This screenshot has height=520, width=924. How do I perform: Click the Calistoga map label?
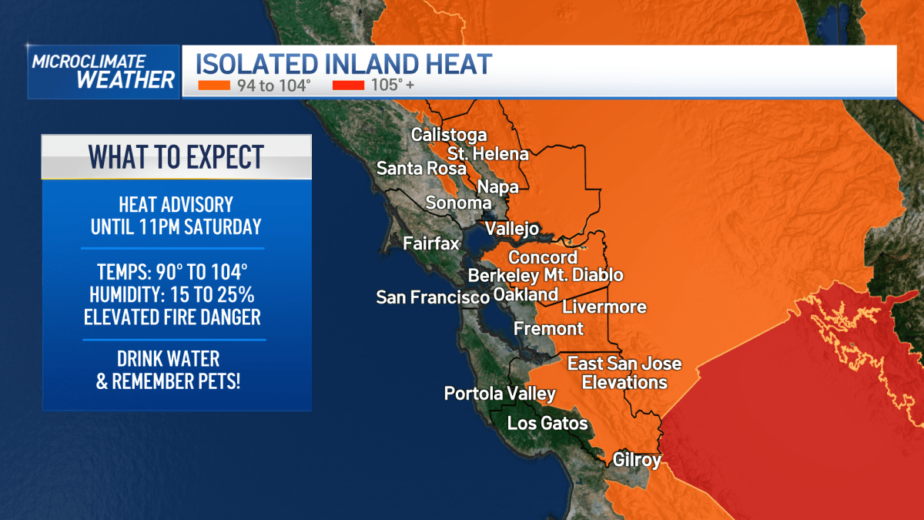pyautogui.click(x=449, y=135)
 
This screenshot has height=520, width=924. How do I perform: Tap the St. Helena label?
pyautogui.click(x=488, y=153)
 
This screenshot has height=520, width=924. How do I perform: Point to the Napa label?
pyautogui.click(x=497, y=186)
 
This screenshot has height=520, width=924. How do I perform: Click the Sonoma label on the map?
pyautogui.click(x=459, y=203)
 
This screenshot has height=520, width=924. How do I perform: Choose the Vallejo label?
pyautogui.click(x=512, y=230)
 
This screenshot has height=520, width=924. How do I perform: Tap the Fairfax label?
pyautogui.click(x=431, y=244)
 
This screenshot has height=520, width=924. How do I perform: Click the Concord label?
pyautogui.click(x=543, y=257)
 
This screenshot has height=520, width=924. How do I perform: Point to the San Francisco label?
pyautogui.click(x=433, y=297)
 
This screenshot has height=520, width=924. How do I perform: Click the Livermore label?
pyautogui.click(x=604, y=307)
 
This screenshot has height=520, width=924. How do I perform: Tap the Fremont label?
pyautogui.click(x=548, y=329)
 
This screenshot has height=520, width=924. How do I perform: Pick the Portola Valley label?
pyautogui.click(x=500, y=394)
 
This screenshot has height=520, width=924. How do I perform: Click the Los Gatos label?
pyautogui.click(x=547, y=423)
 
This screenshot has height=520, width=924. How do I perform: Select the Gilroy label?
pyautogui.click(x=637, y=461)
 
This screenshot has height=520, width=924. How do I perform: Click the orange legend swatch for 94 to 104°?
pyautogui.click(x=214, y=86)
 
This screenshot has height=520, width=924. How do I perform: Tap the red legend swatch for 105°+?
pyautogui.click(x=348, y=86)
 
